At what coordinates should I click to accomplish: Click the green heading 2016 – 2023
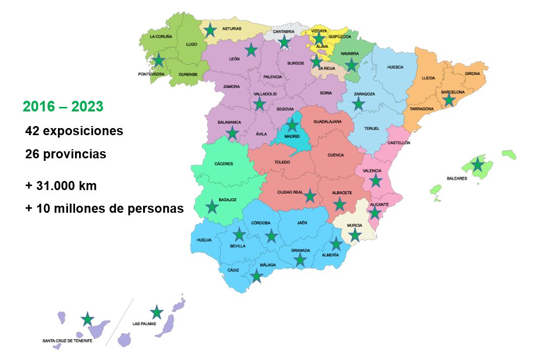click(63, 107)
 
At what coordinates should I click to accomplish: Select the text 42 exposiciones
click(74, 131)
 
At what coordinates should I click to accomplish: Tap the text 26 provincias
click(65, 154)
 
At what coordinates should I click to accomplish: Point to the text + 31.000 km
click(61, 186)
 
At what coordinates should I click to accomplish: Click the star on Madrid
click(292, 125)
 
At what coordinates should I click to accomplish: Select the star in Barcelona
click(449, 100)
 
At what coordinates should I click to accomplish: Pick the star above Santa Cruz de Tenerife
click(88, 319)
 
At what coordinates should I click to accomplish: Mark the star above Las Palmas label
click(157, 313)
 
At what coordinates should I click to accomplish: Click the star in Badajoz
click(212, 207)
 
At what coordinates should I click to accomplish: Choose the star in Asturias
click(211, 31)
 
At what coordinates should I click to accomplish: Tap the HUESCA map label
click(395, 67)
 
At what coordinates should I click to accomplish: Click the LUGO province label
click(191, 44)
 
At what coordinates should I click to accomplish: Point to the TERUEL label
click(372, 129)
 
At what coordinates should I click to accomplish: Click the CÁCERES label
click(224, 164)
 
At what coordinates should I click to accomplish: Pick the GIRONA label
click(473, 74)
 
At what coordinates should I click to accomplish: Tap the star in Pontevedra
click(159, 61)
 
